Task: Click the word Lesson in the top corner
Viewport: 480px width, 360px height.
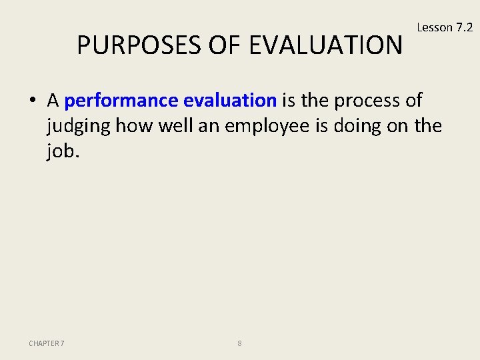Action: (434, 27)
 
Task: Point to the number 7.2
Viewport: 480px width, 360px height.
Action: (464, 27)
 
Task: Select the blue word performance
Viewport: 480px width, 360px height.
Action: (121, 101)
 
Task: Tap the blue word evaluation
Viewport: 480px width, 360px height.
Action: (229, 101)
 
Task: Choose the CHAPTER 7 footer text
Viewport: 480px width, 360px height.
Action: (47, 343)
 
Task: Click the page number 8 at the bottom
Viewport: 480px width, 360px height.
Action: (239, 343)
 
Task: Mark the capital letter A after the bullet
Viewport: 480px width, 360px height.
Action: (53, 101)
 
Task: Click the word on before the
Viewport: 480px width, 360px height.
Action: (399, 127)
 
